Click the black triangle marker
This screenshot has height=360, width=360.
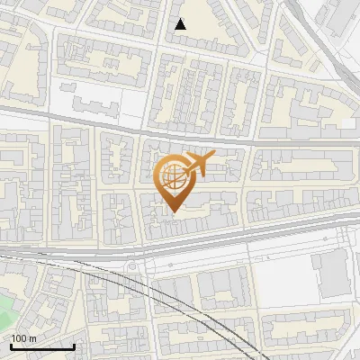click(181, 24)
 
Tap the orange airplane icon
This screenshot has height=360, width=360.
click(200, 164)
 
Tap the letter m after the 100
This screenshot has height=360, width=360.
click(32, 338)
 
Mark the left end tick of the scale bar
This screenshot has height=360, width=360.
click(10, 346)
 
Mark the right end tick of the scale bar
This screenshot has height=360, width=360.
click(74, 346)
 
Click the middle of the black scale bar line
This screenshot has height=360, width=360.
click(41, 347)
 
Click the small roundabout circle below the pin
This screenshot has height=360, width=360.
click(136, 266)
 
